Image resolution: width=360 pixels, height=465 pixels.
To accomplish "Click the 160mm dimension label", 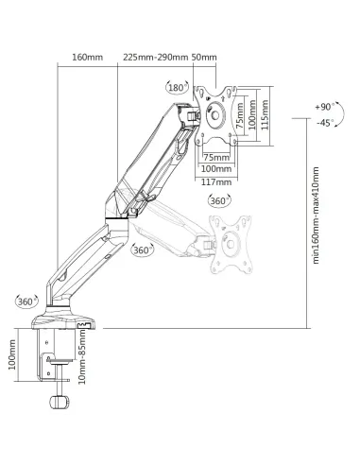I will tap(87, 57).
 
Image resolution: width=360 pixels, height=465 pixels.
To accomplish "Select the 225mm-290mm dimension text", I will tap(154, 57).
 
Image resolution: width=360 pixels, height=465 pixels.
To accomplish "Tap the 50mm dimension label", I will tap(204, 57).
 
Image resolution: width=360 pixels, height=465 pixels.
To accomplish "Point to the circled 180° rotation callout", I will tap(176, 88).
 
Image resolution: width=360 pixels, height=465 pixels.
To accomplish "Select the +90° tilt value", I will tap(322, 110).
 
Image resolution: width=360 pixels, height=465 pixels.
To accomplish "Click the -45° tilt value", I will tap(322, 123).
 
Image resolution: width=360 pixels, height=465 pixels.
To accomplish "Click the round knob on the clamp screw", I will tap(60, 404).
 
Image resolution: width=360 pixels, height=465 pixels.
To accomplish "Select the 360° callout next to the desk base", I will tap(26, 301).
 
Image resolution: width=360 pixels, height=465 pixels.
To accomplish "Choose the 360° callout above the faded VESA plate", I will tap(218, 201).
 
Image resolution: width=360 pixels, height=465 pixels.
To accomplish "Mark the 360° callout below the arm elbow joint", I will tap(143, 250).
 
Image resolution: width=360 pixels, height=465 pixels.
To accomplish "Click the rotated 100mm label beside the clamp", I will tap(13, 357).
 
